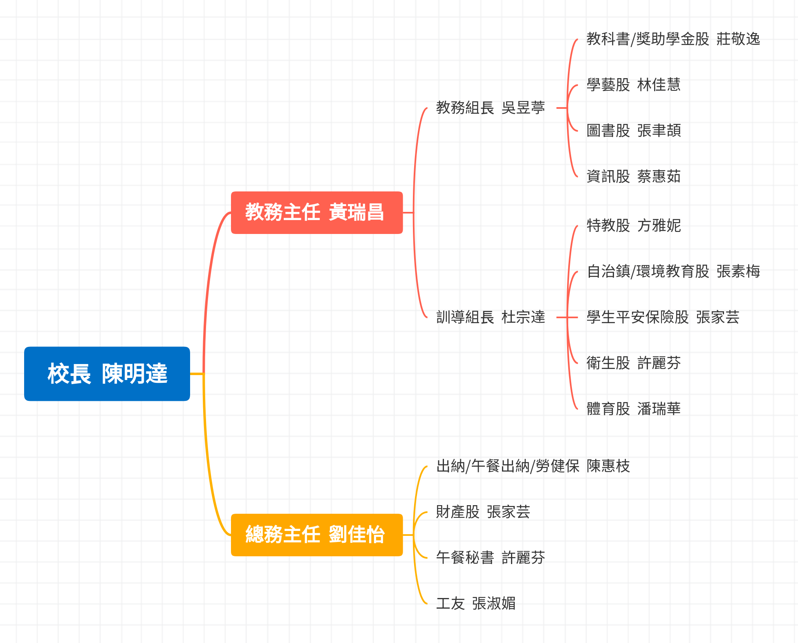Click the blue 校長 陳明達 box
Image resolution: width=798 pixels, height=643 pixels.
coord(107,373)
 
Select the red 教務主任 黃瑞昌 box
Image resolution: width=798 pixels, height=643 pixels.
coord(316,212)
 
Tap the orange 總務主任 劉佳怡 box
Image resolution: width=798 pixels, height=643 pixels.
coord(316,535)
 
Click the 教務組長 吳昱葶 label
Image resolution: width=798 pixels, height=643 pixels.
coord(490,108)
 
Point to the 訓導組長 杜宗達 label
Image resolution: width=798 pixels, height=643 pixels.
coord(490,317)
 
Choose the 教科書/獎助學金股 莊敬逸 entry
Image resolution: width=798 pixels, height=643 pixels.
coord(673,39)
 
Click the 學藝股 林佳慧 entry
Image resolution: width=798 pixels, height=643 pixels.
coord(633,85)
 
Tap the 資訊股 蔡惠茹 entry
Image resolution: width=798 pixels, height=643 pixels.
coord(633,177)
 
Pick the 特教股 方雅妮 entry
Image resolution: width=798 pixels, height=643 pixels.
coord(633,226)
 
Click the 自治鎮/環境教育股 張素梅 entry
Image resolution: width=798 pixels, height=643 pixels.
coord(673,272)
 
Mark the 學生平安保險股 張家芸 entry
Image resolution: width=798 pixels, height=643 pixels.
coord(663,317)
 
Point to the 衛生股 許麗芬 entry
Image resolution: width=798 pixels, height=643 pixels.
coord(633,363)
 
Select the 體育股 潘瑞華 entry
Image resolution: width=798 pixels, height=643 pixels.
coord(633,409)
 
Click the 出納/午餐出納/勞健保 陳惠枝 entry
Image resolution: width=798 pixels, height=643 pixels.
coord(533,466)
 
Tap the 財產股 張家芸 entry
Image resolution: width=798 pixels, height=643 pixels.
coord(483,512)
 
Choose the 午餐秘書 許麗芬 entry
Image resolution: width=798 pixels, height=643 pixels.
coord(490,558)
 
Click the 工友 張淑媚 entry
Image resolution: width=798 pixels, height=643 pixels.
coord(475,604)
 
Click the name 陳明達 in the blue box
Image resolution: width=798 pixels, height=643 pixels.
coord(134,373)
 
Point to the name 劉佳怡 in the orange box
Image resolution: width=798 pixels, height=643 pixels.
coord(356,535)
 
